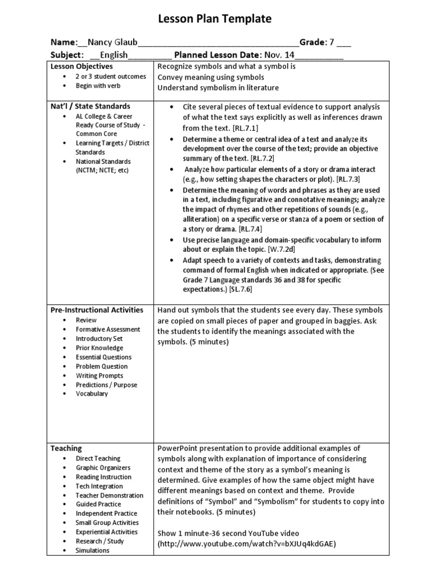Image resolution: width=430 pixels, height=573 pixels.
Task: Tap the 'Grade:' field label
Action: point(312,43)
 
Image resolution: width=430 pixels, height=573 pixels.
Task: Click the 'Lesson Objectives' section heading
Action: point(82,67)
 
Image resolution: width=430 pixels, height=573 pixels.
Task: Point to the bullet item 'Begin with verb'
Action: point(98,86)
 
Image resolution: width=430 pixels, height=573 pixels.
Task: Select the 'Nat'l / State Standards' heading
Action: point(91,106)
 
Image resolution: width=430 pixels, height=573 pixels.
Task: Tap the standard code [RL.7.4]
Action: point(250,229)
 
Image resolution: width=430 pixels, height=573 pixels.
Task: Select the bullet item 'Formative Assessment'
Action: point(108,330)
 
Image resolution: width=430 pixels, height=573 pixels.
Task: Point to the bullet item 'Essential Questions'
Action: point(104,357)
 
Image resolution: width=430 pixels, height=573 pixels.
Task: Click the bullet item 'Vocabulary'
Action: point(92,394)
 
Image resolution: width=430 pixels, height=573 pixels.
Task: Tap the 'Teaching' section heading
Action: point(66,448)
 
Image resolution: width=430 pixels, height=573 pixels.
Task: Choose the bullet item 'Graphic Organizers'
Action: point(103,468)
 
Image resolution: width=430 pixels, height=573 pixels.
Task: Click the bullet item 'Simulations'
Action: point(92,551)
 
